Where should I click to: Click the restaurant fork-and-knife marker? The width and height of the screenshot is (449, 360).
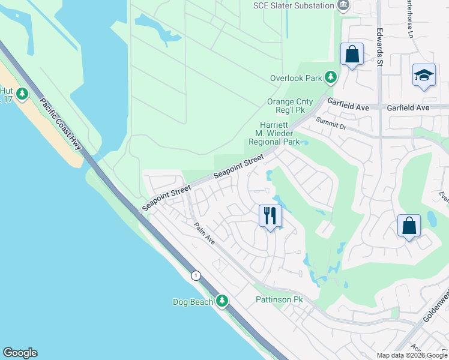[270, 215]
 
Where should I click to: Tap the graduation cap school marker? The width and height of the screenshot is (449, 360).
[424, 76]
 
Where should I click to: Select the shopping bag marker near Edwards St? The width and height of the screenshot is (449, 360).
[352, 55]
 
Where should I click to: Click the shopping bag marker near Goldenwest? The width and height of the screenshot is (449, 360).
[409, 226]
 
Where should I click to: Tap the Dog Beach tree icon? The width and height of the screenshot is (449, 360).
[223, 301]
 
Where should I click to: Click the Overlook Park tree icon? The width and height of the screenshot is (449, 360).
[330, 77]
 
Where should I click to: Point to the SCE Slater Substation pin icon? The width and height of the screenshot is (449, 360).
[343, 6]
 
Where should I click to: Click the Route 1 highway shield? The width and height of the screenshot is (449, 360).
[196, 275]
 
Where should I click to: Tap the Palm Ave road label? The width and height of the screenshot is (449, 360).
[204, 233]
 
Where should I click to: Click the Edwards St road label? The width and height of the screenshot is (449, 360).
[379, 40]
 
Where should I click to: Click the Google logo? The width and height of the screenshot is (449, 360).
[20, 353]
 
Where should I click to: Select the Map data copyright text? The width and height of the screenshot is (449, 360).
[412, 355]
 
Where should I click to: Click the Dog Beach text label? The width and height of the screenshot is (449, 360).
[193, 302]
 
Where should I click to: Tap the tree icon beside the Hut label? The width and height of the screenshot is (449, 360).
[22, 94]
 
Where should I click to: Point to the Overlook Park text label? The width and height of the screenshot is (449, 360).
[296, 78]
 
